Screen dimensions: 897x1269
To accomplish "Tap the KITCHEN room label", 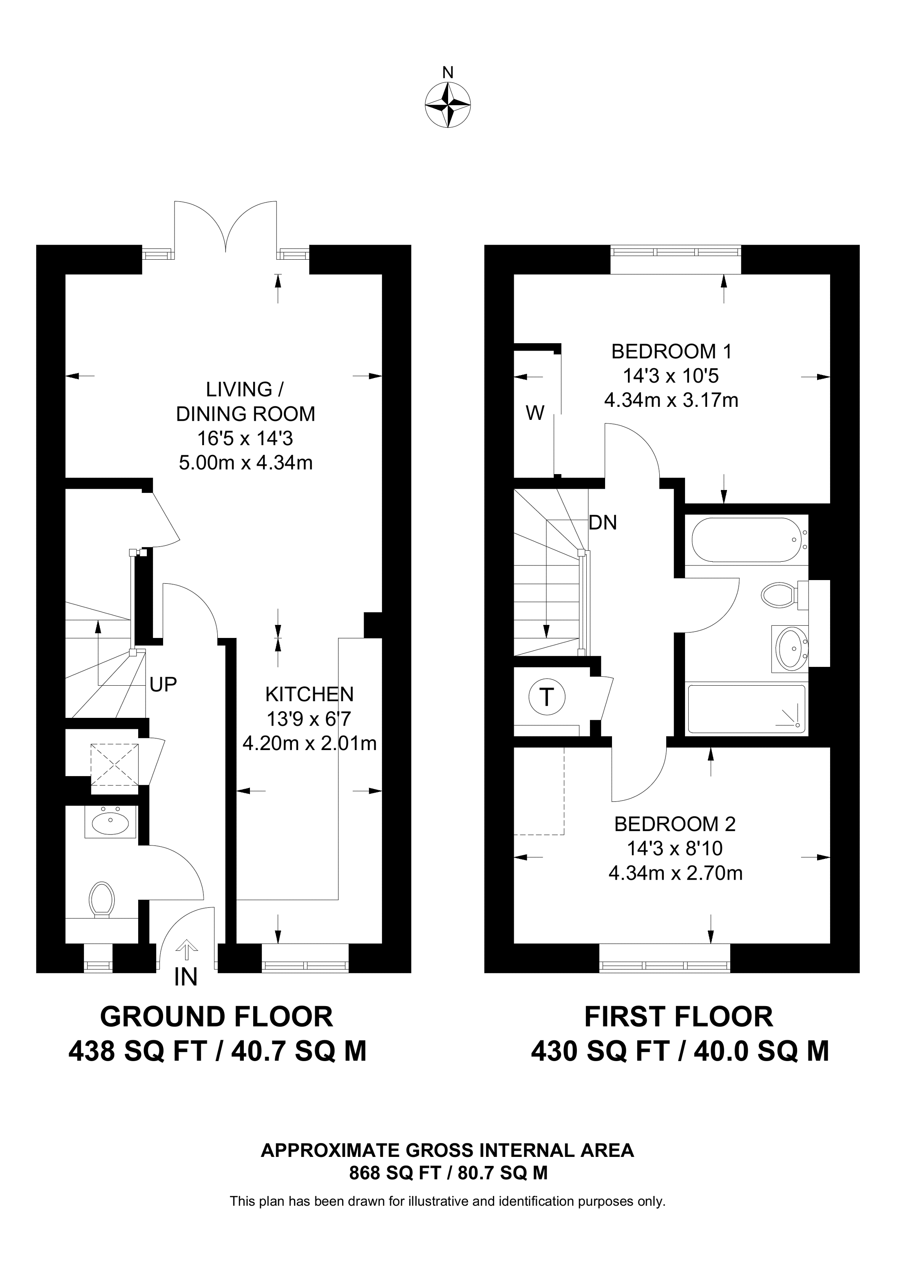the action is point(309,694).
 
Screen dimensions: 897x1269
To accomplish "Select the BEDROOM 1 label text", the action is point(672,351).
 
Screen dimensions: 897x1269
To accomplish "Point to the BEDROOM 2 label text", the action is point(675,824).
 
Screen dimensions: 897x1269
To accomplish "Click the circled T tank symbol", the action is point(547,697).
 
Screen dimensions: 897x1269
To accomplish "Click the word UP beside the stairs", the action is point(163,684).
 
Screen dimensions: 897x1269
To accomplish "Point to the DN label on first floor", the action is point(603,522).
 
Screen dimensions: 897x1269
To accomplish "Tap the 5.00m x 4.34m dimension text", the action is point(246,463).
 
